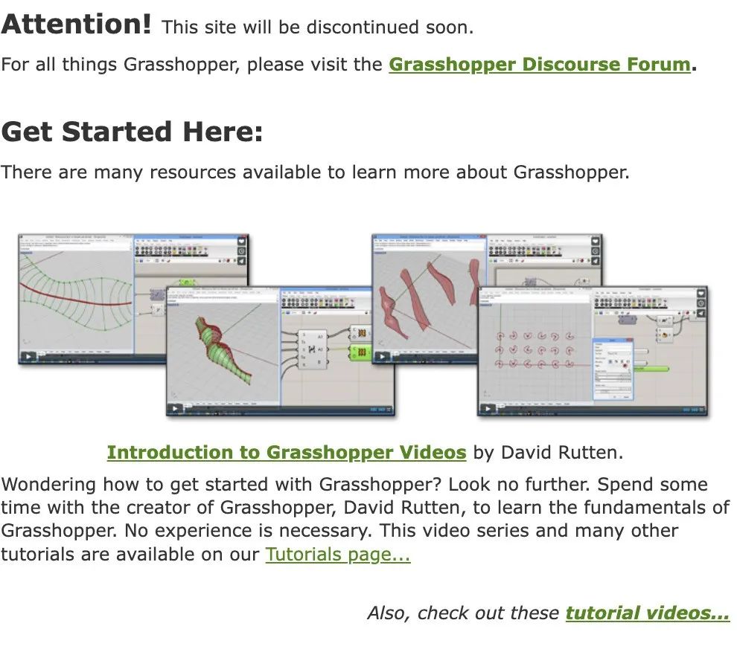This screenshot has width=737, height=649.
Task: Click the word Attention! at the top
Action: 76,25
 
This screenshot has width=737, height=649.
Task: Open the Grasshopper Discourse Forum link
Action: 540,64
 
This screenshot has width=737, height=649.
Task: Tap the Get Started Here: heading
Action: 133,132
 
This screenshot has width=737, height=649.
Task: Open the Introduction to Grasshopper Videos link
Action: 287,452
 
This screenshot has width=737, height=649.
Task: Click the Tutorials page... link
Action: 338,555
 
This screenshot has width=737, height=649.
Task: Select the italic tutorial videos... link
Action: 647,613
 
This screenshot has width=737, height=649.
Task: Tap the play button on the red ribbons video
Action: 380,356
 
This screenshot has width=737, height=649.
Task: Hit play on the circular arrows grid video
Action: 488,409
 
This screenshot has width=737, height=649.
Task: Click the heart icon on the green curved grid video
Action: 242,242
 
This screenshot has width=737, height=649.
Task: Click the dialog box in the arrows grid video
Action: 612,369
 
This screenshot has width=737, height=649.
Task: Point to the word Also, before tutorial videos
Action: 389,613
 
